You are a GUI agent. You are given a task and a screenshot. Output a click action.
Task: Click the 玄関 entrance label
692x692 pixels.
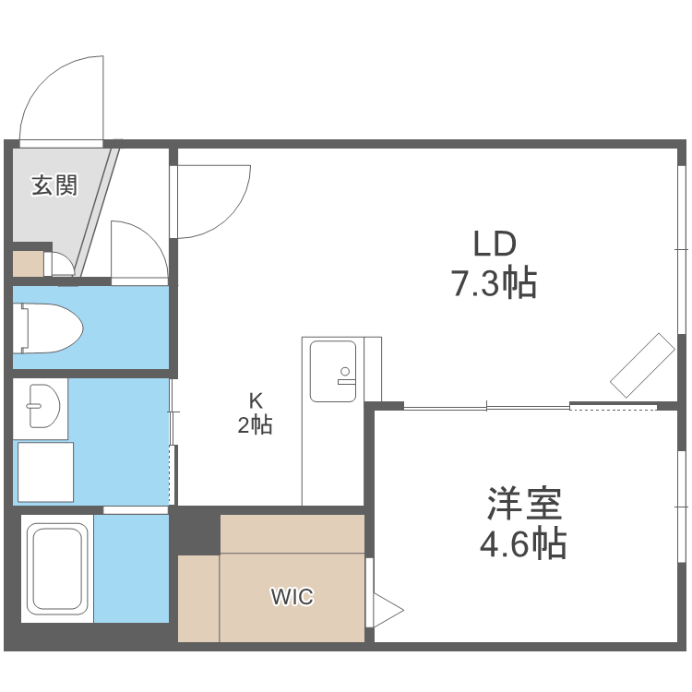[x=54, y=185]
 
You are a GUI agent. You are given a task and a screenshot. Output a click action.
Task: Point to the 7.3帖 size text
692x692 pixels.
[x=494, y=283]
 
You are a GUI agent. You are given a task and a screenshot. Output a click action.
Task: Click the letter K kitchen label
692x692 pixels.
[x=256, y=400]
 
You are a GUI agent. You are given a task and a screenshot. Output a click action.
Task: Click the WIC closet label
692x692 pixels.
[x=292, y=597]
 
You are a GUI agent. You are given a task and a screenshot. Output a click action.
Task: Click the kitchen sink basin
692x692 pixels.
[x=333, y=371]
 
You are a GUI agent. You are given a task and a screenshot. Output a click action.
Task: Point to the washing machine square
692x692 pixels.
[x=45, y=471]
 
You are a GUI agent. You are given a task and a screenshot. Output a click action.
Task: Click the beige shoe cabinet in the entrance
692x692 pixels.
[x=28, y=263]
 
